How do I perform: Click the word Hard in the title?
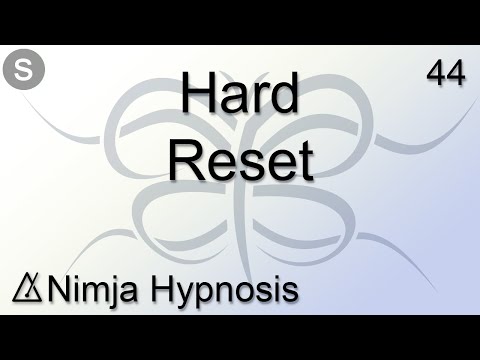(240, 97)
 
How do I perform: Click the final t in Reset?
(305, 159)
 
